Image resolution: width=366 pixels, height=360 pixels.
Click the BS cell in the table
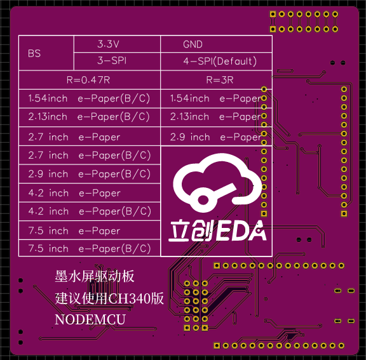click(x=46, y=53)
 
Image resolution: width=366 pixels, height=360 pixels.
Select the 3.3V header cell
click(x=117, y=44)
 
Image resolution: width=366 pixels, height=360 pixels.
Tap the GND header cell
click(x=216, y=44)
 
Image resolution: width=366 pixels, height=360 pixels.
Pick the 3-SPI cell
click(x=117, y=61)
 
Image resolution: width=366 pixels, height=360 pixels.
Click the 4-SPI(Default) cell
click(x=216, y=61)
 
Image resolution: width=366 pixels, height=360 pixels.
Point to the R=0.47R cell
click(x=90, y=80)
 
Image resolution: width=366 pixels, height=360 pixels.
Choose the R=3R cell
click(x=216, y=80)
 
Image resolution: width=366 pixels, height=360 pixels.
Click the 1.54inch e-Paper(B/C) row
click(x=90, y=98)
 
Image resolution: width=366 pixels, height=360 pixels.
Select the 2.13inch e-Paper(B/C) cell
click(x=90, y=117)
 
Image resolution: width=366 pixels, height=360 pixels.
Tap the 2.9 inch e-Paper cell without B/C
click(x=216, y=137)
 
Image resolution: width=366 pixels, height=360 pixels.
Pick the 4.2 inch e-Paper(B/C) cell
click(x=90, y=211)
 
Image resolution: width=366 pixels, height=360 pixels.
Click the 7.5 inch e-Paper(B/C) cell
click(x=90, y=248)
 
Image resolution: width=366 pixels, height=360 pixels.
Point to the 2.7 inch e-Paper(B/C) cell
click(x=90, y=156)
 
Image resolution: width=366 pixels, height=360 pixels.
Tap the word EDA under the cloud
click(x=241, y=231)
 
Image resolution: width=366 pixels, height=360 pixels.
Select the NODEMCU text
click(x=90, y=319)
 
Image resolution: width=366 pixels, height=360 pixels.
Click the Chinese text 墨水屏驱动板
click(x=95, y=277)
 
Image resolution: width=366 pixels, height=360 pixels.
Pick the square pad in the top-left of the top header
click(x=273, y=14)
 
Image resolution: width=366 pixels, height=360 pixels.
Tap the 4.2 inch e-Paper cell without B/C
click(x=90, y=193)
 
